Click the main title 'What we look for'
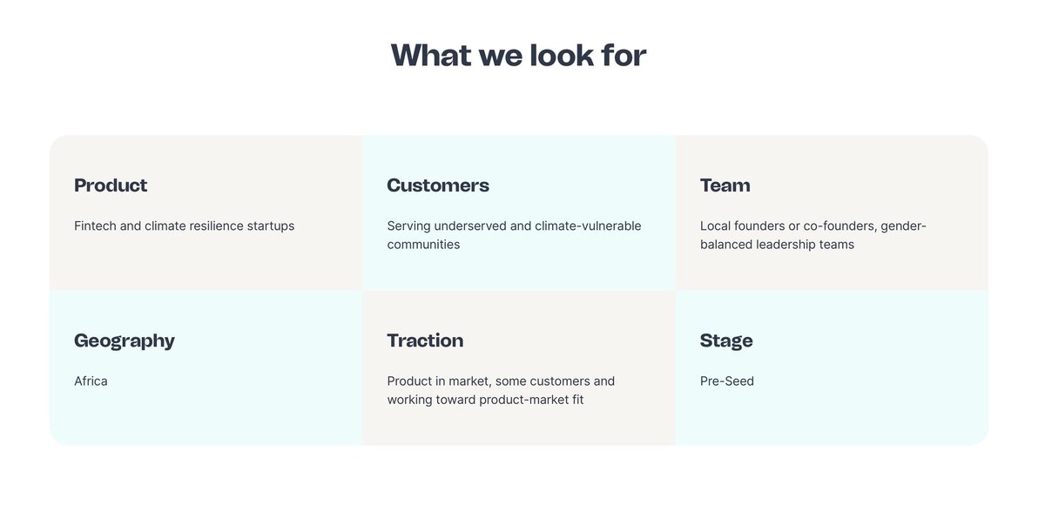pos(518,56)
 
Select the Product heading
pos(111,185)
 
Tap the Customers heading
pos(438,185)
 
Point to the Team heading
pos(725,185)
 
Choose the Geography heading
pos(125,340)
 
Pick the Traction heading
pos(425,340)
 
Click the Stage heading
pos(726,340)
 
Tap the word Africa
pos(91,381)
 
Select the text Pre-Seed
pos(727,381)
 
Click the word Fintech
pos(95,226)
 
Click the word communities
pos(423,245)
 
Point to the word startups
pos(271,226)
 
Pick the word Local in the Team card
pos(715,226)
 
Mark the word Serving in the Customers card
pos(408,226)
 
